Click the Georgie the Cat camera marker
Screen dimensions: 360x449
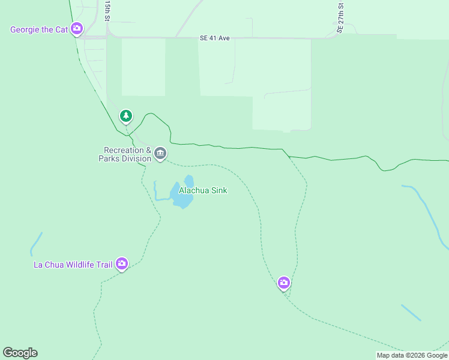[x=77, y=28]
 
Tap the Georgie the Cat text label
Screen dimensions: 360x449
[x=39, y=29]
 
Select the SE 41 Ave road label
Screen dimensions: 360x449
[x=215, y=38]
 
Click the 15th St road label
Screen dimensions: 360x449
[x=107, y=11]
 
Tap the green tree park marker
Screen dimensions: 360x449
[x=125, y=115]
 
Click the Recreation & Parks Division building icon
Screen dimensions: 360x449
[x=160, y=154]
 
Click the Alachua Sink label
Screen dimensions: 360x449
[x=203, y=190]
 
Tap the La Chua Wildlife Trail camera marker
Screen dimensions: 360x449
[x=122, y=263]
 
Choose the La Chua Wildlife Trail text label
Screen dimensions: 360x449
[x=73, y=264]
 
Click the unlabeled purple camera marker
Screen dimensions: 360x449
[x=284, y=282]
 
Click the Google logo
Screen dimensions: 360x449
[x=20, y=353]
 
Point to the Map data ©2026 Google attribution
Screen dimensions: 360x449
[x=412, y=355]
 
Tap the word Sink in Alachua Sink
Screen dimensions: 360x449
[x=218, y=190]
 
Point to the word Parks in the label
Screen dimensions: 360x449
[x=111, y=158]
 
